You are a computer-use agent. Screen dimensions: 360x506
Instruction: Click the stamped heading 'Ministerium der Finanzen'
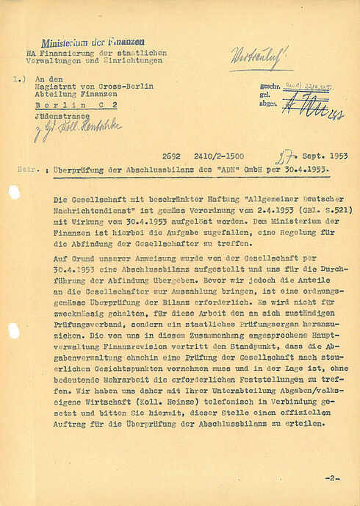[93, 44]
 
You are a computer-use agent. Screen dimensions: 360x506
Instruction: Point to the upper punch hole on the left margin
[12, 192]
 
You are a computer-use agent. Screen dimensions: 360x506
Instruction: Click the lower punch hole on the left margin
[12, 331]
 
